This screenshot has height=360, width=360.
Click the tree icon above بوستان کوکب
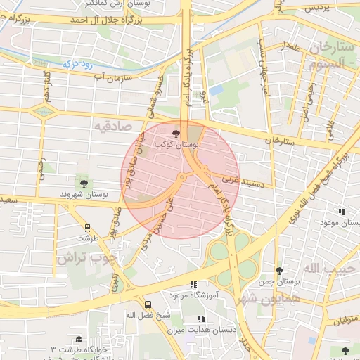point(176,132)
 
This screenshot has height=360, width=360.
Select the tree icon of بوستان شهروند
point(84,184)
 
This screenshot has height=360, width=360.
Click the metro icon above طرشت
point(87,228)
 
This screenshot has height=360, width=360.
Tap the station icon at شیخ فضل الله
point(148,304)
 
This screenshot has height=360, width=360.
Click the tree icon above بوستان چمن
point(279,271)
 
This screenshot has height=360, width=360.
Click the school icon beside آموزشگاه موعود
point(193,284)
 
